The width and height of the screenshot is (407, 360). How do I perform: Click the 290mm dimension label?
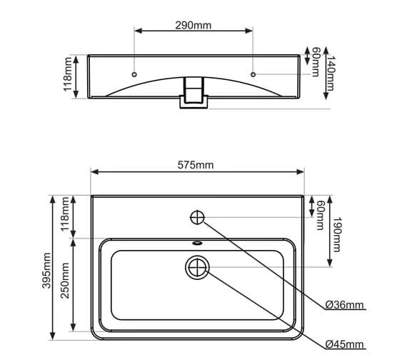click(194, 25)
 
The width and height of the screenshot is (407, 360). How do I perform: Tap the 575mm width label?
click(196, 165)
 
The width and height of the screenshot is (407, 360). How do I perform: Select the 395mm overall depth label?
click(47, 270)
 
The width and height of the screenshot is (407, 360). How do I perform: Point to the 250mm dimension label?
click(65, 281)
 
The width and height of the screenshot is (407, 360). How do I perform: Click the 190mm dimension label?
click(336, 234)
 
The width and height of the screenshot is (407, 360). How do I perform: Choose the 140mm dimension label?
click(330, 74)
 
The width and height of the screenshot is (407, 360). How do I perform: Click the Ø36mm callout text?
click(344, 305)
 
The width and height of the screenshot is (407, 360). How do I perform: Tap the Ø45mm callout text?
click(344, 344)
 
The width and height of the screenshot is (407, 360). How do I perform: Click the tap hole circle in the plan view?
click(198, 217)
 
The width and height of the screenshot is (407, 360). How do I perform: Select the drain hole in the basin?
click(197, 268)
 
